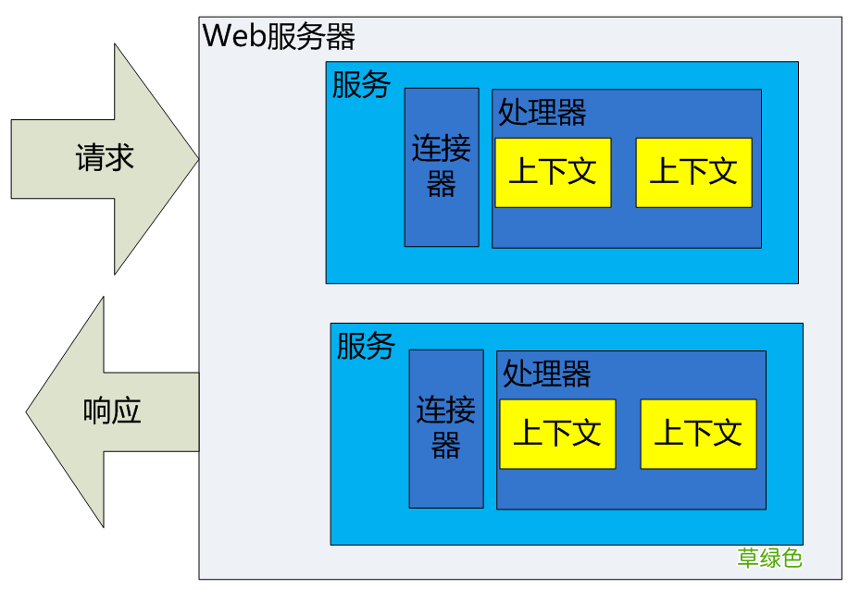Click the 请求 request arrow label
point(105,158)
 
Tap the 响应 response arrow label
point(112,411)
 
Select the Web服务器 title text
point(279,37)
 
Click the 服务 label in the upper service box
point(361,85)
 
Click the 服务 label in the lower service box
point(366,347)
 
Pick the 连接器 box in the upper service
point(442,166)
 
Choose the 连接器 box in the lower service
point(446,428)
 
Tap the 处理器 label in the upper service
point(542,113)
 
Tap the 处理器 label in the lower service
point(547,374)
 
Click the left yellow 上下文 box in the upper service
point(553,172)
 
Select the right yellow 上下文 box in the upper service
point(693,172)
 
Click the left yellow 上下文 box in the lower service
point(557,434)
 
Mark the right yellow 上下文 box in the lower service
point(698,434)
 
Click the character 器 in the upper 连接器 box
point(442,184)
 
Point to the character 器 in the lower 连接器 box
point(446,447)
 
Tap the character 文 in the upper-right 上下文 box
point(722,171)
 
